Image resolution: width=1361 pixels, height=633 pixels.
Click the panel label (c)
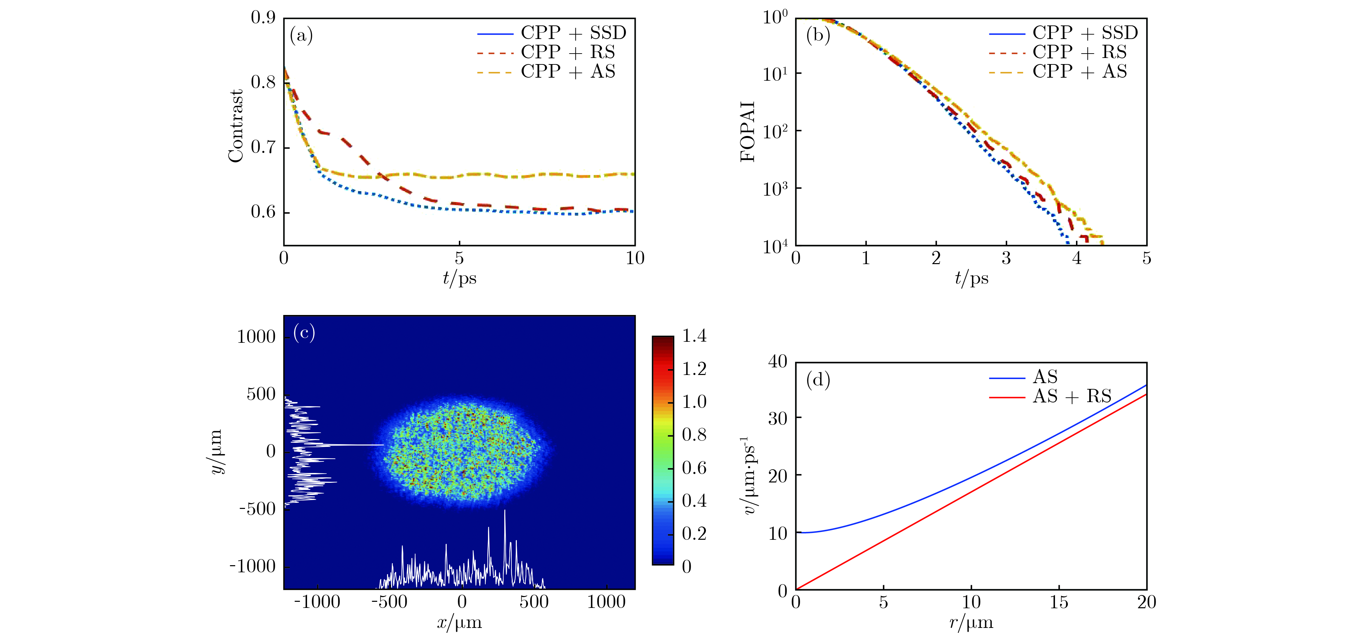(304, 333)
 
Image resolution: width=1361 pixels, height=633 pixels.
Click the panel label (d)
(818, 380)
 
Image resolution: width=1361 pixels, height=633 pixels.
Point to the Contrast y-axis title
(236, 126)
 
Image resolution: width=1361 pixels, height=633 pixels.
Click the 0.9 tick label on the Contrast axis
(263, 18)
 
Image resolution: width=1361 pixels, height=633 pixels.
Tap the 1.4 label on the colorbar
(694, 336)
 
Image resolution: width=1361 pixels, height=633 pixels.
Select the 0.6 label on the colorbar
(694, 468)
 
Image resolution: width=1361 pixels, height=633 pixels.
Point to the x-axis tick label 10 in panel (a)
(634, 258)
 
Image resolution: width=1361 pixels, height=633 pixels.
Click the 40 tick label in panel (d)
(777, 362)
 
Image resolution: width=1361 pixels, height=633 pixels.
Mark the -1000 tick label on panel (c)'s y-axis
(252, 567)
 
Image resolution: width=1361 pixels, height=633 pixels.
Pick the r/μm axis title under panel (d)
(971, 623)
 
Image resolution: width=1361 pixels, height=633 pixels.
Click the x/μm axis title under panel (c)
(459, 623)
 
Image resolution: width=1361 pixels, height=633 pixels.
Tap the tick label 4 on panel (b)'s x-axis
(1076, 258)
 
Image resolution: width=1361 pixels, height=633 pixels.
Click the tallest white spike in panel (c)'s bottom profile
(505, 512)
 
